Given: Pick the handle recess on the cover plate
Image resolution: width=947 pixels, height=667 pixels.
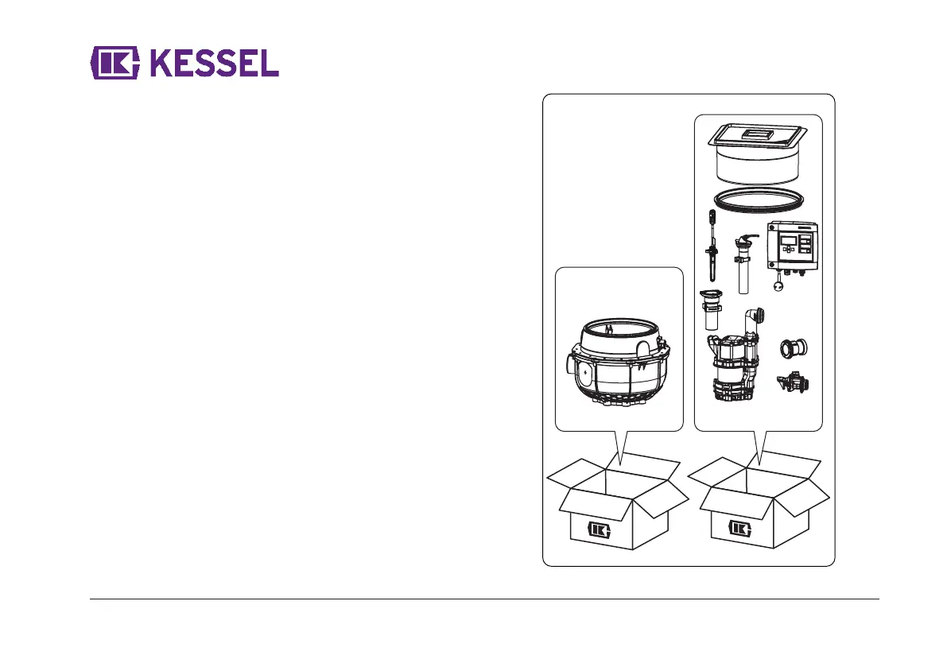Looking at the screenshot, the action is [758, 136].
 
